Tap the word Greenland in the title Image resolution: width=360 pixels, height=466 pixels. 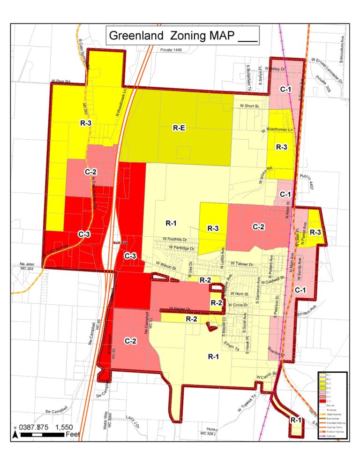pyautogui.click(x=136, y=36)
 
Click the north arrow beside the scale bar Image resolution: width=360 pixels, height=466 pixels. pyautogui.click(x=15, y=434)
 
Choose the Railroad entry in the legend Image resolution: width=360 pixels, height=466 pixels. pyautogui.click(x=332, y=437)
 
